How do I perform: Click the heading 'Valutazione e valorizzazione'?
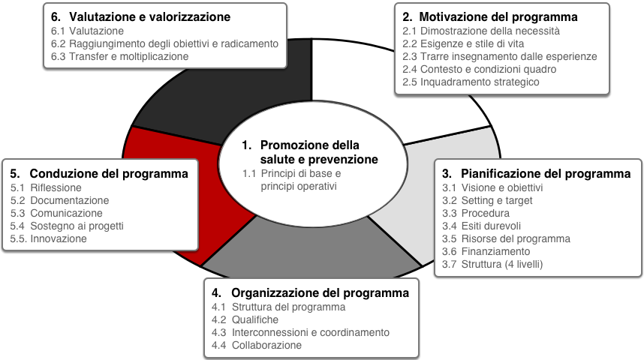149,16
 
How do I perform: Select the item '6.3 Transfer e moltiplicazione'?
120,56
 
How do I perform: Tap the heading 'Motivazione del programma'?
498,16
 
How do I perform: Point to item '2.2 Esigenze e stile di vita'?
463,43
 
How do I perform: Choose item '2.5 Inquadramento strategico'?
471,82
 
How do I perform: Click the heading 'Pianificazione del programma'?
546,174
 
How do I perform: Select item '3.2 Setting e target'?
487,200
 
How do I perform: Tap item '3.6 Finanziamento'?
486,251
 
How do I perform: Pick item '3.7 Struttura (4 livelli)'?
492,264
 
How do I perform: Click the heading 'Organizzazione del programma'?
320,292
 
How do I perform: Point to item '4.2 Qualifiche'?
245,319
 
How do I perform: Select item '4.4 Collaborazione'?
256,345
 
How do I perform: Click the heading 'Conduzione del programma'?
109,174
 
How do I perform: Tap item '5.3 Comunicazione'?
56,213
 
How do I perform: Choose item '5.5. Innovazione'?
49,238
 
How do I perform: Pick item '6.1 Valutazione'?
87,31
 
